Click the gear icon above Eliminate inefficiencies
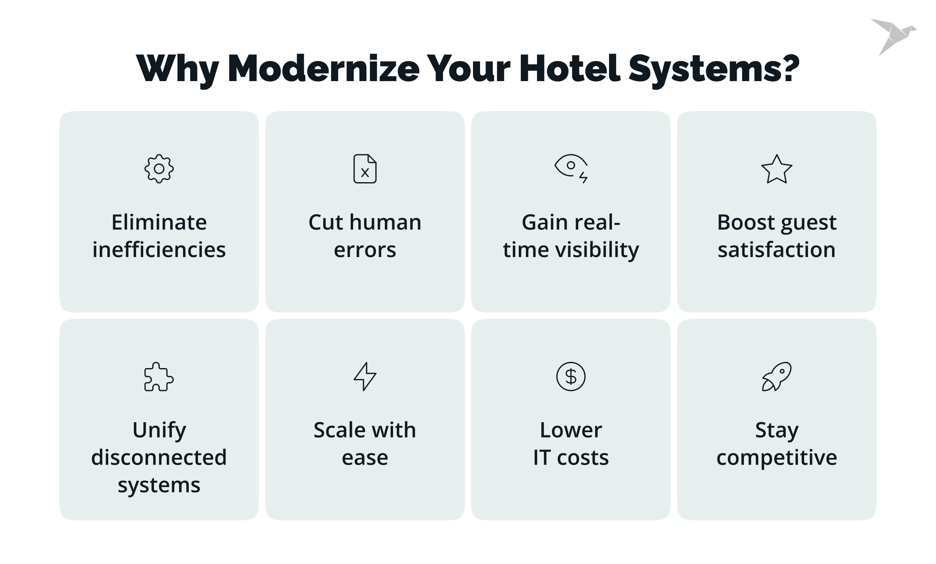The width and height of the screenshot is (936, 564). (159, 168)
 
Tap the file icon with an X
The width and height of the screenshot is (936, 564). (365, 168)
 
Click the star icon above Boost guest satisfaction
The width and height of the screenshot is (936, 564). (776, 169)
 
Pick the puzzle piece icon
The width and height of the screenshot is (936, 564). (158, 376)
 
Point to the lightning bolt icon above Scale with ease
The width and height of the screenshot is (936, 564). (365, 376)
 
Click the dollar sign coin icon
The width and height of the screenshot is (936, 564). (571, 376)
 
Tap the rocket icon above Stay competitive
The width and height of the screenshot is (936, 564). (776, 376)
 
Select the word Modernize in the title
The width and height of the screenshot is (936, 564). (324, 69)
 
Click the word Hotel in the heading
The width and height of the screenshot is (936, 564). (570, 69)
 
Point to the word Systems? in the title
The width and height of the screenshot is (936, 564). (714, 69)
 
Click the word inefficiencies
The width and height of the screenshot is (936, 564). (159, 250)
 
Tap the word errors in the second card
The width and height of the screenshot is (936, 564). (365, 250)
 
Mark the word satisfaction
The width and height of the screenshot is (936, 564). (776, 250)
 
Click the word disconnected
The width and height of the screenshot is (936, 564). (159, 457)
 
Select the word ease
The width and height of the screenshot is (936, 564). (365, 458)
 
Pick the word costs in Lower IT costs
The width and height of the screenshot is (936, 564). (583, 458)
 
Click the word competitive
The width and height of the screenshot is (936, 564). (776, 458)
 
